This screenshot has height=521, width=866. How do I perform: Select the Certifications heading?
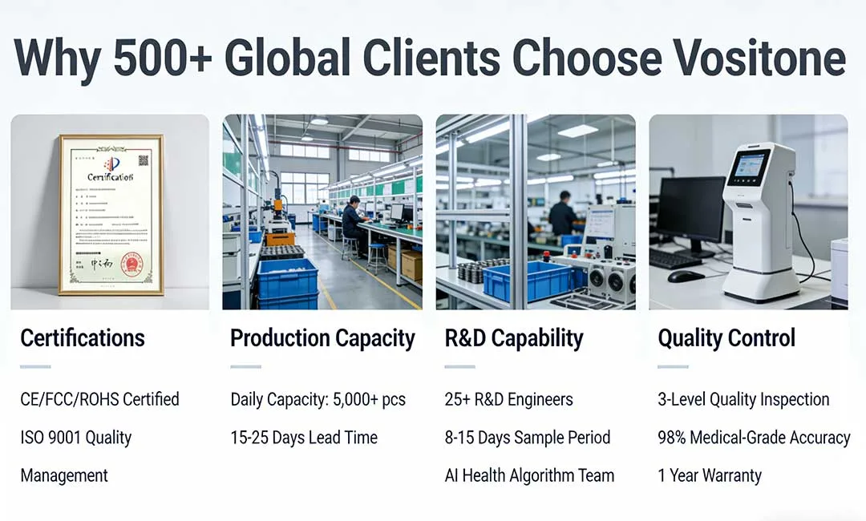pyautogui.click(x=83, y=338)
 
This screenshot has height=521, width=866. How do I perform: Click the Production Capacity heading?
pyautogui.click(x=322, y=338)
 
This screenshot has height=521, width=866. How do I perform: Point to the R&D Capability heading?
pyautogui.click(x=514, y=338)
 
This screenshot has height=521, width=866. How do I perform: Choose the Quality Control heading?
pyautogui.click(x=726, y=338)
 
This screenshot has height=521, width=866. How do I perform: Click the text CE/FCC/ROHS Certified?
pyautogui.click(x=99, y=399)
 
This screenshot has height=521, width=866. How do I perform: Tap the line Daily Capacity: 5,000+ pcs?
pyautogui.click(x=318, y=399)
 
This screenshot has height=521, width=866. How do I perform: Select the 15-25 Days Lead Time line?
pyautogui.click(x=304, y=438)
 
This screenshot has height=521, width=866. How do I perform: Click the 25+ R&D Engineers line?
pyautogui.click(x=509, y=399)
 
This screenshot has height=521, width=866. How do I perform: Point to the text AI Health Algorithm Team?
pyautogui.click(x=529, y=475)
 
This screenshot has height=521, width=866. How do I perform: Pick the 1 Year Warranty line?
pyautogui.click(x=710, y=475)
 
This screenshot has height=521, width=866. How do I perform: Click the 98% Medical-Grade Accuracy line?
pyautogui.click(x=754, y=438)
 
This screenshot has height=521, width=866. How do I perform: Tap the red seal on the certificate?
pyautogui.click(x=132, y=265)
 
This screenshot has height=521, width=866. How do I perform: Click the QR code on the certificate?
pyautogui.click(x=144, y=160)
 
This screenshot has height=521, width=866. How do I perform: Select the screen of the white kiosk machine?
pyautogui.click(x=747, y=167)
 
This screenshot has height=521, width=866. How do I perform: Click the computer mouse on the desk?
pyautogui.click(x=686, y=277)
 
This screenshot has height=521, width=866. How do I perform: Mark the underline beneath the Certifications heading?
pyautogui.click(x=35, y=367)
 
